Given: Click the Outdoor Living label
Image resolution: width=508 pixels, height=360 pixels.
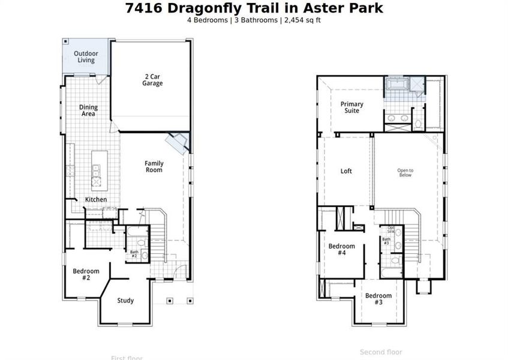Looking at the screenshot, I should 86,57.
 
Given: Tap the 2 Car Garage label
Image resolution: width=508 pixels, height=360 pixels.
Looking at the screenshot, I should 152,80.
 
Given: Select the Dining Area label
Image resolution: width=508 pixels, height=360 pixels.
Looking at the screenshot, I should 89,110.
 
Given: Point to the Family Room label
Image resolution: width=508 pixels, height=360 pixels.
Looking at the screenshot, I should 154,167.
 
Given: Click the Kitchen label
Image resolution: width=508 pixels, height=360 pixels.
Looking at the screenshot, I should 96,200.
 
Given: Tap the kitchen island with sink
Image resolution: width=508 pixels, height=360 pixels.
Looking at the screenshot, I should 96,169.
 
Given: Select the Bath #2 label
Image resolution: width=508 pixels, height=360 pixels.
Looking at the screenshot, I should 134,254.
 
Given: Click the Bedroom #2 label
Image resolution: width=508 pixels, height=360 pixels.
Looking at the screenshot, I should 86,274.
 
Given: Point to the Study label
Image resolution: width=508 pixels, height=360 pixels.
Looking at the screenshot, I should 125,301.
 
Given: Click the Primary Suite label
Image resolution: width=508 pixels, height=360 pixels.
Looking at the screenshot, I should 352,107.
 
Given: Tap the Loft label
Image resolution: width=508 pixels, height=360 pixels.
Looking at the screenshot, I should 346,171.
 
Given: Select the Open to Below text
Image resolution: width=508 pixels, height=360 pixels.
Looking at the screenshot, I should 405,173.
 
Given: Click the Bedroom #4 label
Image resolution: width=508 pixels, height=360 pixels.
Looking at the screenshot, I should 341,250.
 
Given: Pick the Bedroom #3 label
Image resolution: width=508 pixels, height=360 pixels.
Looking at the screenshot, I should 378,299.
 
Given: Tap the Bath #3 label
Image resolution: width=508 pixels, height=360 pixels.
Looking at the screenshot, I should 386,242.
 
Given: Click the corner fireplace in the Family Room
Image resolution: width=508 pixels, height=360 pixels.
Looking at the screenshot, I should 178,143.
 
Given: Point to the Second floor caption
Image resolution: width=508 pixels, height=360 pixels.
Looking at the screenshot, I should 381,352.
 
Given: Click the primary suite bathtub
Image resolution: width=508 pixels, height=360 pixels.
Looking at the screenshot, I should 396,84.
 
